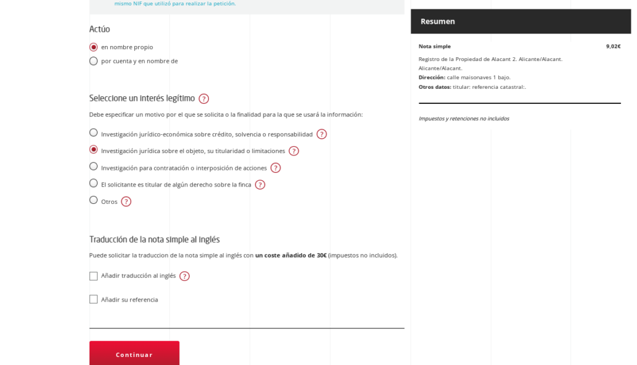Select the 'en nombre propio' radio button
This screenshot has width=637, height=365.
[93, 47]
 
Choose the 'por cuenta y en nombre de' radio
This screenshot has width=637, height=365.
[93, 61]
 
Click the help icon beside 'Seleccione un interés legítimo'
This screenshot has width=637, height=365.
[203, 98]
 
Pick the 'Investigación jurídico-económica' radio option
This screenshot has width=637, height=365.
[93, 132]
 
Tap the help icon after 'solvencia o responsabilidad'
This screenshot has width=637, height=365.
[321, 134]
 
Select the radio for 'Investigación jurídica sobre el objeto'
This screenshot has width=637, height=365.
[93, 149]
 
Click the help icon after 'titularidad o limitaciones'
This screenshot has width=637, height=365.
[294, 150]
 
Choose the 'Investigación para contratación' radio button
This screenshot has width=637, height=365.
[93, 166]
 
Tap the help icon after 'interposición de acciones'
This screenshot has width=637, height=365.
[275, 167]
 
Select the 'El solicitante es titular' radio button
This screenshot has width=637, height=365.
[93, 183]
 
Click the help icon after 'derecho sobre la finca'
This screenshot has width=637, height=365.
[259, 184]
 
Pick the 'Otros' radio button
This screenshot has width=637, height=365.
[93, 200]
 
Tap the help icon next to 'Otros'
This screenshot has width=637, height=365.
[126, 201]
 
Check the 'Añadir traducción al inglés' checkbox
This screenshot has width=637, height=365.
[93, 276]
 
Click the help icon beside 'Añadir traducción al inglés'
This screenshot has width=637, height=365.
[184, 276]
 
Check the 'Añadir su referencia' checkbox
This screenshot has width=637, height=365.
[93, 299]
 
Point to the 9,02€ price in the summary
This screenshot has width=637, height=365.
[613, 46]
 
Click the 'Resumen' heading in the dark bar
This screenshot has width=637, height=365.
[437, 21]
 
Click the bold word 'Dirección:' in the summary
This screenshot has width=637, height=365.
[432, 77]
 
